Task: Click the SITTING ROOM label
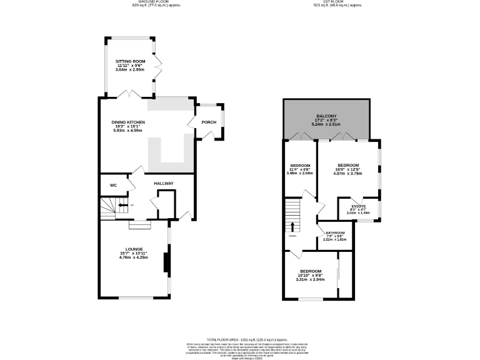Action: click(130, 61)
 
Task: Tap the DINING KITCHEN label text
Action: click(128, 122)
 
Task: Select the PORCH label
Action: click(209, 122)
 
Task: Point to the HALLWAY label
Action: click(164, 183)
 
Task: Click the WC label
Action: click(113, 186)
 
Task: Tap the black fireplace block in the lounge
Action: click(166, 262)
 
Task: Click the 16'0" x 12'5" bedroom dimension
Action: click(347, 169)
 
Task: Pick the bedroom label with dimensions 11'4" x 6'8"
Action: click(300, 166)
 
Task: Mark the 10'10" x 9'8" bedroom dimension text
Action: click(311, 275)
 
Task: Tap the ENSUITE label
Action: click(358, 206)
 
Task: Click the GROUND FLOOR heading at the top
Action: click(146, 2)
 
